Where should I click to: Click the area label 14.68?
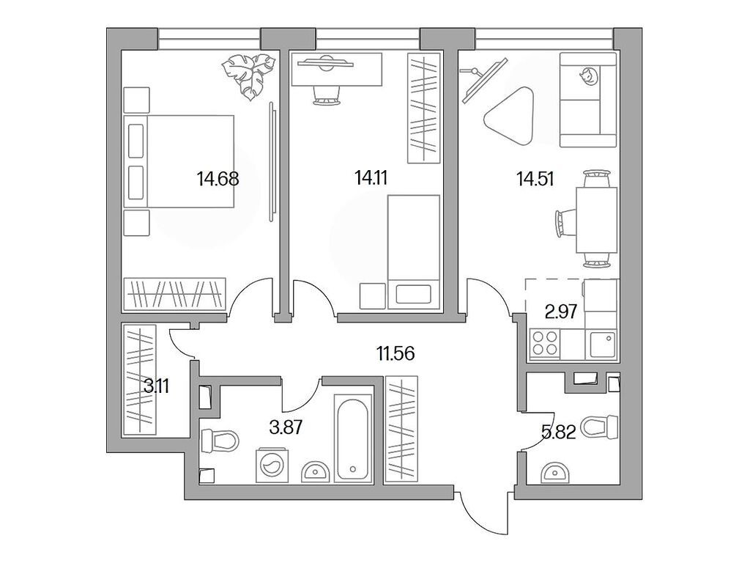click(218, 178)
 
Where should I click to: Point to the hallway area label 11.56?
click(396, 354)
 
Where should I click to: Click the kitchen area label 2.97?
click(562, 311)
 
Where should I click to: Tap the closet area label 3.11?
click(157, 386)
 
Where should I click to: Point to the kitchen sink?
click(601, 342)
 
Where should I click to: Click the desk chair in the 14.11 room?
click(327, 92)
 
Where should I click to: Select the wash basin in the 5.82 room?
click(555, 474)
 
